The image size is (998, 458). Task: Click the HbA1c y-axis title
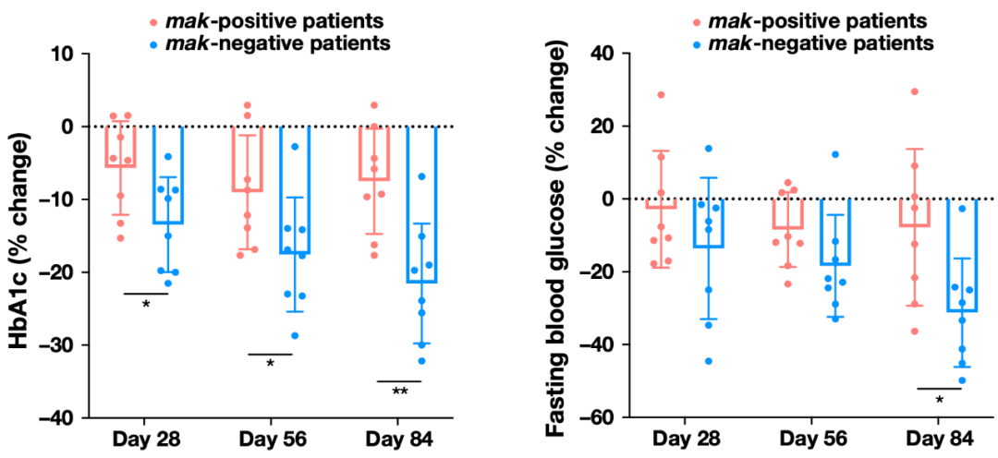pos(20,236)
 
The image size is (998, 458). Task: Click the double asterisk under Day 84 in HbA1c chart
pos(399,392)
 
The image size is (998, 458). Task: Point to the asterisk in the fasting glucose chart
pos(939,400)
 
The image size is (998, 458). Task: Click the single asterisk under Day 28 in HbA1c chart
pos(146,305)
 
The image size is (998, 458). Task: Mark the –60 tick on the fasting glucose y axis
pos(591,417)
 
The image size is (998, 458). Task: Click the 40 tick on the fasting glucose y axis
pos(597,54)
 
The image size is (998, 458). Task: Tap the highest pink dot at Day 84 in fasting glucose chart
pos(915,91)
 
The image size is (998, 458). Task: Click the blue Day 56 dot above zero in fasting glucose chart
pos(834,154)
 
